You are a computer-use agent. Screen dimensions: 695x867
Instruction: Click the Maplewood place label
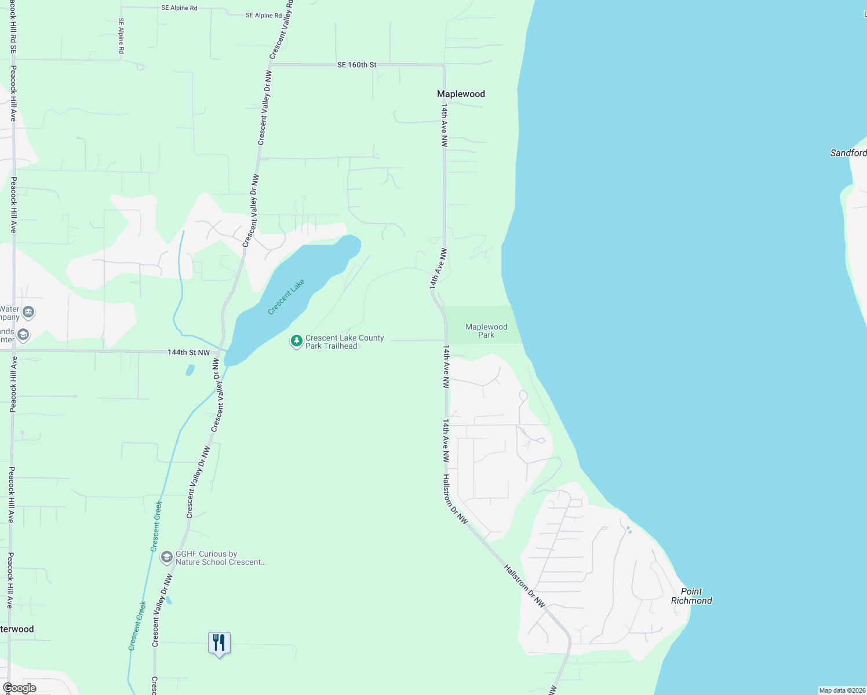click(461, 94)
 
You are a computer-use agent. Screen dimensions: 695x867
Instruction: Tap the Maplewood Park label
click(486, 331)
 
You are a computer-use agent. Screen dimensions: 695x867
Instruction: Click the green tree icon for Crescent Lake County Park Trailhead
click(296, 341)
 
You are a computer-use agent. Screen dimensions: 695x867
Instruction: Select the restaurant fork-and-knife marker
click(219, 643)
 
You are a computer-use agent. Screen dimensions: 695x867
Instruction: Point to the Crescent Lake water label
click(286, 297)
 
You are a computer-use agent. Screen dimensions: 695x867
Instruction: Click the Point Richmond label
click(691, 596)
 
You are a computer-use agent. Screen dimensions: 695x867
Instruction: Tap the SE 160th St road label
click(356, 65)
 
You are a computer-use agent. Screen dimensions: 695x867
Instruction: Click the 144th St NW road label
click(188, 352)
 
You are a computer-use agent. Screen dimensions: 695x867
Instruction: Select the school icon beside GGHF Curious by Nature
click(167, 557)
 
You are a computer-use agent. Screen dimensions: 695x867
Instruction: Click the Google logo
click(20, 688)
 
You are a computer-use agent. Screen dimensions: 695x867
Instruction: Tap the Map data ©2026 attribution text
click(842, 690)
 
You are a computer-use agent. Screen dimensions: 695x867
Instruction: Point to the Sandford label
click(848, 153)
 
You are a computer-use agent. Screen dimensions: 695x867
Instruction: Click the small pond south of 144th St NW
click(190, 370)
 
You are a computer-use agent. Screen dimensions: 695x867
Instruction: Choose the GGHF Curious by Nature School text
click(220, 558)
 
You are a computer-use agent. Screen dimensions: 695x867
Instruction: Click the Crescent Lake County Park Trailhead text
click(344, 342)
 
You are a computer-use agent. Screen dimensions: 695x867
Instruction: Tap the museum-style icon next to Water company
click(28, 312)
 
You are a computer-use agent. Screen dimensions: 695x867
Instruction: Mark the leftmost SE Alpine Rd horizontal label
click(179, 8)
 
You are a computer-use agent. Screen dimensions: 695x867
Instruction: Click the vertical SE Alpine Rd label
click(121, 36)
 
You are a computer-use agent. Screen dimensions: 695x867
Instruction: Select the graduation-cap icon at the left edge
click(23, 335)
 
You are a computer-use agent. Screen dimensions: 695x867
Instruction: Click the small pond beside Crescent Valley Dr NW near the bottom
click(169, 601)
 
